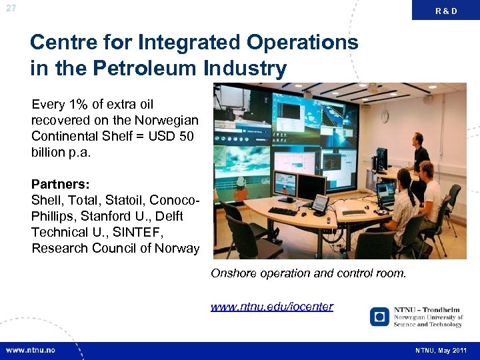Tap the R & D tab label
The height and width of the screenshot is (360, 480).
[x=446, y=11]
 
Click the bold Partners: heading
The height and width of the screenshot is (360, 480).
[x=61, y=184]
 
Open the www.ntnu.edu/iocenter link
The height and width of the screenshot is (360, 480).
[x=272, y=307]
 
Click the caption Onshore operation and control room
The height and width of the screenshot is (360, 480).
[x=308, y=273]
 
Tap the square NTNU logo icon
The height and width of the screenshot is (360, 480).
[x=379, y=316]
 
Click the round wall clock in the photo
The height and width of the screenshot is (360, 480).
[x=385, y=117]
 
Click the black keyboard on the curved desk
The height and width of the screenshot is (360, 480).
[x=283, y=211]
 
